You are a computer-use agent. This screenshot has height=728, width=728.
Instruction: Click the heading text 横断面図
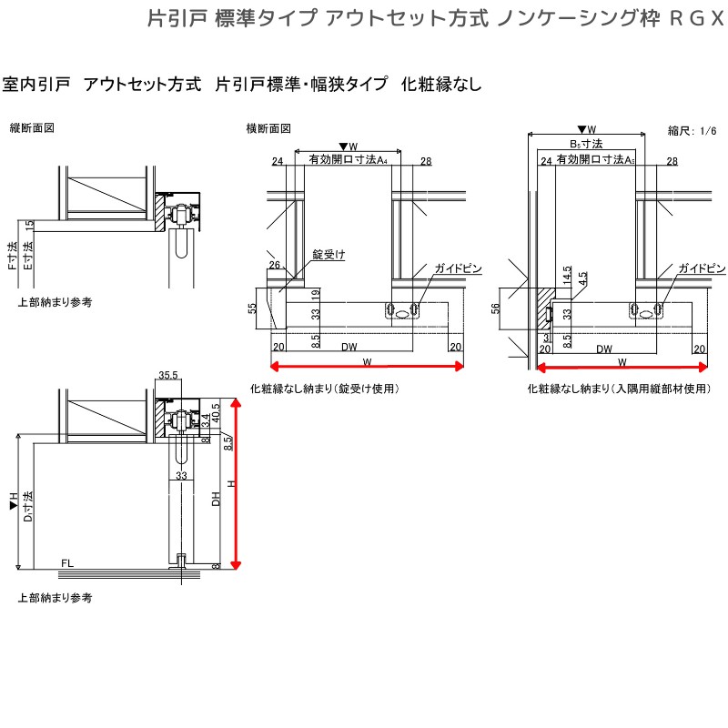(268, 128)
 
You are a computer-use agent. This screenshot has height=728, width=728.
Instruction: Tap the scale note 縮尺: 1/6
(693, 131)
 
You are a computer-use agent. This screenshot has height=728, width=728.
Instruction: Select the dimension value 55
(252, 309)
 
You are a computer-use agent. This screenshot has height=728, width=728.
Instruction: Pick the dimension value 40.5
(217, 412)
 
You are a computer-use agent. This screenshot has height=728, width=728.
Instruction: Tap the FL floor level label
(67, 564)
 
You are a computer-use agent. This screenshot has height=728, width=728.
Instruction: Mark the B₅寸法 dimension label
(587, 144)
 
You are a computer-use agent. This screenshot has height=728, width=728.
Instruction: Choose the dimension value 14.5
(566, 275)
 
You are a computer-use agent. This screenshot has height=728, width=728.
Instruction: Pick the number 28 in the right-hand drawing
(672, 161)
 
